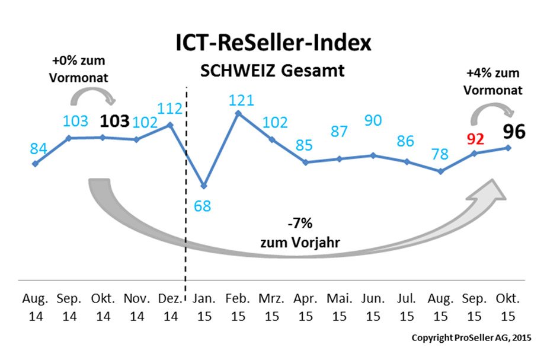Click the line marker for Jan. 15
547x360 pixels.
tap(204, 186)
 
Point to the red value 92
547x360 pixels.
tap(475, 139)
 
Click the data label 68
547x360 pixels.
tap(204, 206)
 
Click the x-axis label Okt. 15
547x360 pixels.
tap(508, 307)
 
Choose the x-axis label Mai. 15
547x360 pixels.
tap(339, 307)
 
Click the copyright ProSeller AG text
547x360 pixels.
tap(472, 337)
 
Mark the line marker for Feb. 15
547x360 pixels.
tap(238, 112)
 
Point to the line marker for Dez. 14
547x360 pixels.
tap(171, 125)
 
